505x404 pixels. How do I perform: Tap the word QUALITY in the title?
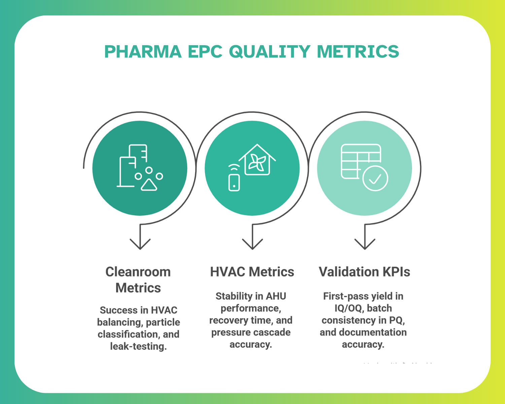point(269,52)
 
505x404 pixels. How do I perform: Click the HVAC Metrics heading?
point(252,272)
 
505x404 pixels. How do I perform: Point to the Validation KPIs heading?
point(364,272)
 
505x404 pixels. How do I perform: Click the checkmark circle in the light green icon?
point(375,178)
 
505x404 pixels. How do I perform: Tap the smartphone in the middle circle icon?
point(234,182)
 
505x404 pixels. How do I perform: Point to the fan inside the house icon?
point(257,163)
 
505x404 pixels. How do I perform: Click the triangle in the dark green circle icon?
point(149,185)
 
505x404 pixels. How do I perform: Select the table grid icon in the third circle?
point(357,158)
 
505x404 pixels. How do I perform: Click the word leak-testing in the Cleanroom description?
point(138,346)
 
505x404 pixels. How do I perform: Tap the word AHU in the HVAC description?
point(276,296)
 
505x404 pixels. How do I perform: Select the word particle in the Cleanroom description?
point(163,323)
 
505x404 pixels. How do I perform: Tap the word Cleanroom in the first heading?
point(138,272)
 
